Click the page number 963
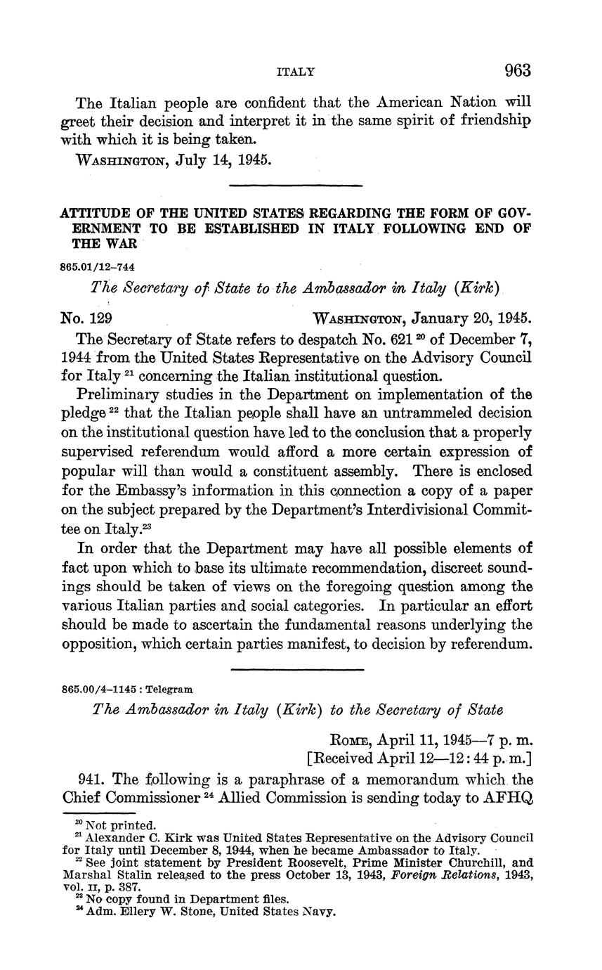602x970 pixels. tap(517, 70)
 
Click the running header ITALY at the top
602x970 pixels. tap(295, 72)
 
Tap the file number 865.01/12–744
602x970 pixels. tap(98, 268)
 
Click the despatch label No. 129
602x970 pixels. tap(87, 318)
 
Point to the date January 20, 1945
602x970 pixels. tap(471, 318)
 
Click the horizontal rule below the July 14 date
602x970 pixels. tap(296, 186)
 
